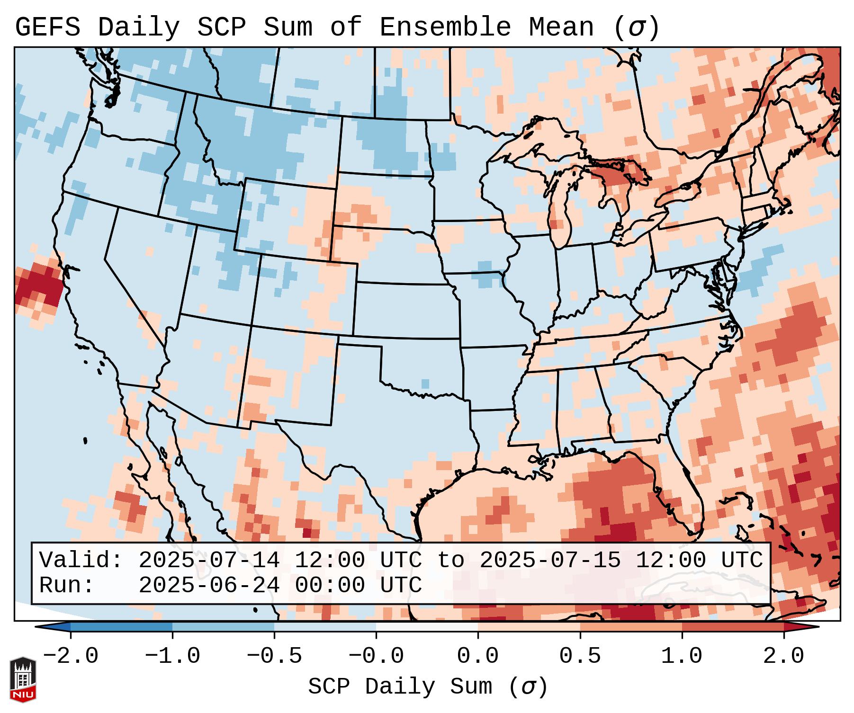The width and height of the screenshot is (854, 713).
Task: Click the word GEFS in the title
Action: [x=47, y=27]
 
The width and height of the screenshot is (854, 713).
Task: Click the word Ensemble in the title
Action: [x=445, y=27]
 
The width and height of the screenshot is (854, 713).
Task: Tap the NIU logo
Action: [x=22, y=679]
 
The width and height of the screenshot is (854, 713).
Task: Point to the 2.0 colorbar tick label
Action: [x=783, y=656]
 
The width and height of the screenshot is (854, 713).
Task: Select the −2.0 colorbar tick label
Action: [x=71, y=656]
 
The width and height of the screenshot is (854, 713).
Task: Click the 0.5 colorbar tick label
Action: [x=580, y=656]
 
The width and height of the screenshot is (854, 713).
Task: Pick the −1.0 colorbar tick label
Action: [x=172, y=656]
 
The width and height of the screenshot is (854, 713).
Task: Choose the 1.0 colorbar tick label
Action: [x=682, y=656]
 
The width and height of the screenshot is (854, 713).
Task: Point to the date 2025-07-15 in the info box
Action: [x=550, y=560]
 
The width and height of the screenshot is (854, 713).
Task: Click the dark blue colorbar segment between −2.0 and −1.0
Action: [x=121, y=627]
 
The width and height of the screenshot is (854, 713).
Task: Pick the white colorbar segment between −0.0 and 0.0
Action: [x=427, y=627]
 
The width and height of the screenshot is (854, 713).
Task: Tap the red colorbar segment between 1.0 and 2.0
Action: [x=732, y=627]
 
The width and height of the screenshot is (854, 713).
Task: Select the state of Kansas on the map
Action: [x=405, y=310]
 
